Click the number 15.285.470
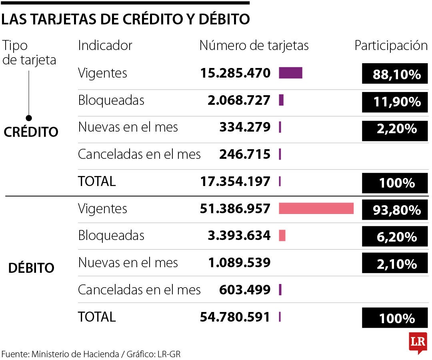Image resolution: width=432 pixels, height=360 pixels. [x=235, y=73]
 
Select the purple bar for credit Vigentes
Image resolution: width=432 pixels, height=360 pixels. [x=290, y=73]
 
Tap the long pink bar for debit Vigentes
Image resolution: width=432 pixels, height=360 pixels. [x=316, y=208]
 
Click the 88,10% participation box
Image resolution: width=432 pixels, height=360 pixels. [x=394, y=74]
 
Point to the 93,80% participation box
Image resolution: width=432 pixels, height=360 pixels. [x=394, y=210]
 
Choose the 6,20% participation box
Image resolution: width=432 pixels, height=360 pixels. [x=394, y=237]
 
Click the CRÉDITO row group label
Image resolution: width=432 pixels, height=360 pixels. [x=31, y=132]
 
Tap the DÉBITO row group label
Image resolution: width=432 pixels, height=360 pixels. [x=31, y=268]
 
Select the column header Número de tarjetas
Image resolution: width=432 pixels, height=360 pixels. [x=254, y=46]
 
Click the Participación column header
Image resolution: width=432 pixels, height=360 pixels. [x=391, y=46]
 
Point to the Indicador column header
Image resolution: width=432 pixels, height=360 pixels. [x=105, y=46]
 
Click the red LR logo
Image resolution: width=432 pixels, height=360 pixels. [x=418, y=342]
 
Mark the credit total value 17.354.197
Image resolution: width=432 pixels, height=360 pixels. [x=235, y=182]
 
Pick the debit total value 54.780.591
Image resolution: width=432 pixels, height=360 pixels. [x=235, y=317]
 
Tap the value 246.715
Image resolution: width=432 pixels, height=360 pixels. [x=244, y=154]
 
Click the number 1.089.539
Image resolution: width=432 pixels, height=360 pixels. [x=239, y=263]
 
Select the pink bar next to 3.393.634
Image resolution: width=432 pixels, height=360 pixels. [x=282, y=236]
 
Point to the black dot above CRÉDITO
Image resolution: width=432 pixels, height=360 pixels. [x=28, y=118]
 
